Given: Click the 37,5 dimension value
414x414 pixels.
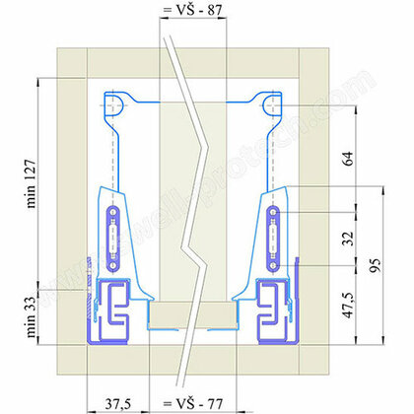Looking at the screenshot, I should [119, 403].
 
